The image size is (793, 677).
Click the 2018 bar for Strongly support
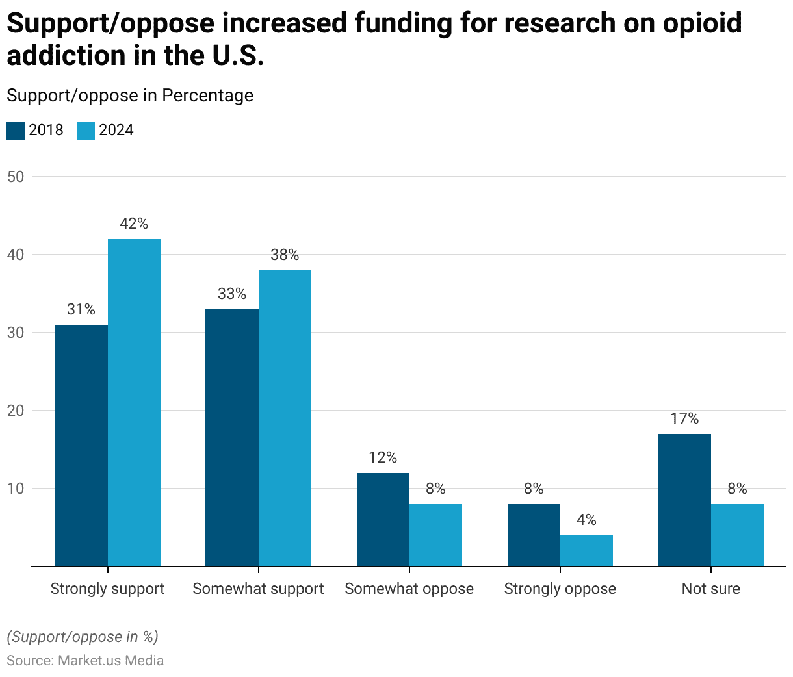pos(81,445)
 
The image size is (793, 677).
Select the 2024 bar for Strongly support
pos(134,403)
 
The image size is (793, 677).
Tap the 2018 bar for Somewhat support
pos(232,437)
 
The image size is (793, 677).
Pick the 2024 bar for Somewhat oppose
pos(435,535)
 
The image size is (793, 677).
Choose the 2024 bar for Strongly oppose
pos(586,550)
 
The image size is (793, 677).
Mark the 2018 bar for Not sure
pos(684,500)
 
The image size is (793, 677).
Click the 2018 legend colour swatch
pos(16,131)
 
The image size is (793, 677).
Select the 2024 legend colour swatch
pos(86,131)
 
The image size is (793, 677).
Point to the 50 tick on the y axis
pos(16,177)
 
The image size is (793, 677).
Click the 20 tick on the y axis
pos(16,411)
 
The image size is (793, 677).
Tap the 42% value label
pos(134,224)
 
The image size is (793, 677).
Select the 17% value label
pos(684,419)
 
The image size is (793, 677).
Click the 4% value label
pos(586,520)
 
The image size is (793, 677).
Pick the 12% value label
pos(383,457)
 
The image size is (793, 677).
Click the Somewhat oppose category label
pos(409,589)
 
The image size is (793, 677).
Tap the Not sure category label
pos(711,589)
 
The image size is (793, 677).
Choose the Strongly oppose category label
pos(560,589)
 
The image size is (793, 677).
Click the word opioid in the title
pos(703,24)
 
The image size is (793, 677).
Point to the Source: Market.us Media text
pos(85,661)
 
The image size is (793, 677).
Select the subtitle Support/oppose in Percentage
pos(130,96)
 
